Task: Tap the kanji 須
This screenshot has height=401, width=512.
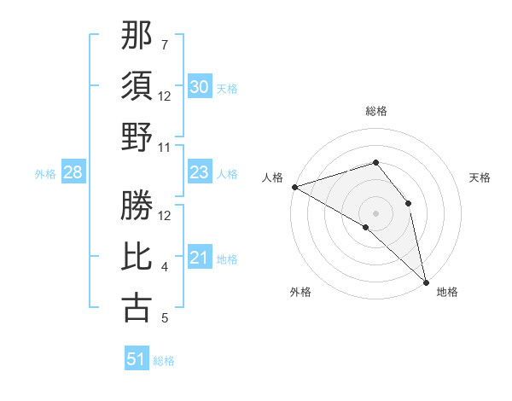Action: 137,86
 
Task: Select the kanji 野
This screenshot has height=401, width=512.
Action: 137,137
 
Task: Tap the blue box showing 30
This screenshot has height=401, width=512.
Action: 200,87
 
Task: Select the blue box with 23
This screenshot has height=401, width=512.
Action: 200,173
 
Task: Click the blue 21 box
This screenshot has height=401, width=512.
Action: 200,259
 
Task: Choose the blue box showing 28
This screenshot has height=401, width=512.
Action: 73,173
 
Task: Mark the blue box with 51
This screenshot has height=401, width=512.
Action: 137,359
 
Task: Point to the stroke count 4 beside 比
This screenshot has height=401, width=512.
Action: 165,267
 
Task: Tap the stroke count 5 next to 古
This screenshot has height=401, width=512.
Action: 165,318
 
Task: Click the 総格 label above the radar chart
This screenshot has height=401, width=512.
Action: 375,112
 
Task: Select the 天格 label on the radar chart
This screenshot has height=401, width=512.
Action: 480,177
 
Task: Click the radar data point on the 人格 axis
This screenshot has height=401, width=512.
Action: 294,187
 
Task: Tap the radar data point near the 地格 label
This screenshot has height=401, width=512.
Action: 426,281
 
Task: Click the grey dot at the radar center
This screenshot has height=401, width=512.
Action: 375,212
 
